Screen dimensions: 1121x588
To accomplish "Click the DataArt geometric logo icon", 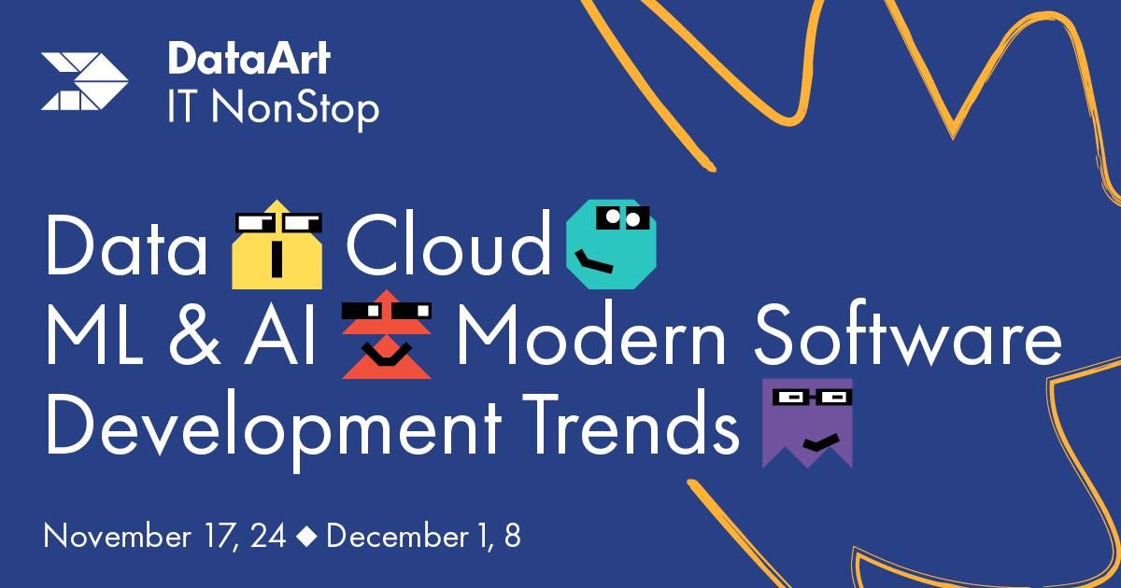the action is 85,81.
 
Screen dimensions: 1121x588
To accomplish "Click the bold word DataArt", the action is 249,59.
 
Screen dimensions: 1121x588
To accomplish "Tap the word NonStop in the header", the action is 295,109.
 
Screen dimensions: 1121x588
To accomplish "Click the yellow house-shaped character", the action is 277,245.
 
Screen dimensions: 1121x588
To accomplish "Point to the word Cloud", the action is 448,243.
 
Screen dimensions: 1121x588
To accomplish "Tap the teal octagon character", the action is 611,244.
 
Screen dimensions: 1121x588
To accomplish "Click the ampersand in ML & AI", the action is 194,334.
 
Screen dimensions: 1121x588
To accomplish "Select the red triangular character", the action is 387,334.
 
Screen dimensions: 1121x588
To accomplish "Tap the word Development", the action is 274,429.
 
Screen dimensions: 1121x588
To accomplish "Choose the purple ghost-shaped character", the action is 807,424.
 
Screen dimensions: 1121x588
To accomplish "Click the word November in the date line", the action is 117,537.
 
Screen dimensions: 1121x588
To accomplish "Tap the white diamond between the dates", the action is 306,537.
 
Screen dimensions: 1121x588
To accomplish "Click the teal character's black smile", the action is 593,262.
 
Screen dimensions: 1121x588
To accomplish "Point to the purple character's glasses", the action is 812,398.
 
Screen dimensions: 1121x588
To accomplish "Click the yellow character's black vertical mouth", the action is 277,259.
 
